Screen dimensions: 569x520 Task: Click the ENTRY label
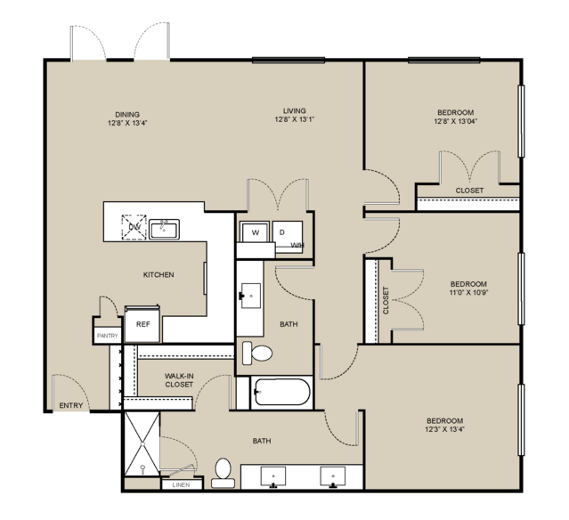[x=71, y=405]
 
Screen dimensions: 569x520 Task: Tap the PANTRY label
[x=108, y=336]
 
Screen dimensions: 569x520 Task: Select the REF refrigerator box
[x=142, y=324]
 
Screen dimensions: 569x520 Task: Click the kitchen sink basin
[x=164, y=230]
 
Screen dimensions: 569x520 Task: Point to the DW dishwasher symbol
[x=134, y=227]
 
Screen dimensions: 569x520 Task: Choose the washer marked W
[x=255, y=232]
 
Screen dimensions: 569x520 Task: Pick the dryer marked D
[x=288, y=235]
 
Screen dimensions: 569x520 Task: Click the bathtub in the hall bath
[x=281, y=392]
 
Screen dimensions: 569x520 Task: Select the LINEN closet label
[x=181, y=484]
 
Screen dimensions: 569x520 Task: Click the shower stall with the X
[x=142, y=443]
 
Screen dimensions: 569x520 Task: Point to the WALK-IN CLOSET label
[x=179, y=380]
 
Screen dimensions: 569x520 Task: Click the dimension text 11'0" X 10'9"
[x=468, y=292]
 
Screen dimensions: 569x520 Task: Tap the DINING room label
[x=127, y=115]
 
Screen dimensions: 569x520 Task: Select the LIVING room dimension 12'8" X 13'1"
[x=295, y=119]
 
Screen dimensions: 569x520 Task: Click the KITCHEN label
[x=159, y=275]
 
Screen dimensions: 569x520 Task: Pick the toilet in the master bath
[x=223, y=473]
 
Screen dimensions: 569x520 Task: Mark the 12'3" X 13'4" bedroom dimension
[x=445, y=429]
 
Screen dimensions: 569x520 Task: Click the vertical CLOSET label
[x=386, y=301]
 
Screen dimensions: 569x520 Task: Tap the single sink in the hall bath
[x=251, y=296]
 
